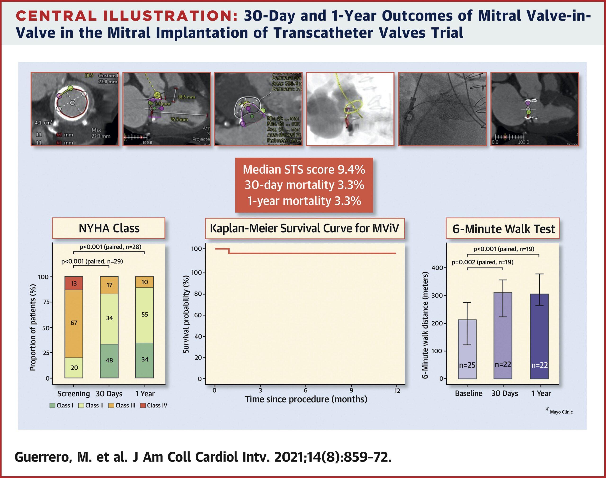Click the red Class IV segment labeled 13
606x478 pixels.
point(74,283)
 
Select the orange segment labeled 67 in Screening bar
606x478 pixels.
point(74,323)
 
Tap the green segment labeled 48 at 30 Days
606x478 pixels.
point(109,361)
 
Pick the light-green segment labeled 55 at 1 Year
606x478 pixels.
point(145,315)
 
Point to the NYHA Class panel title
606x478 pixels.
point(109,228)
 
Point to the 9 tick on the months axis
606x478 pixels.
point(351,391)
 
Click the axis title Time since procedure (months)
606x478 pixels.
point(306,399)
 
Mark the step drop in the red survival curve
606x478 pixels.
point(229,251)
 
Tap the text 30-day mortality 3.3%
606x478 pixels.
point(304,185)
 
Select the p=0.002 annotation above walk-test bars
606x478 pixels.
point(482,262)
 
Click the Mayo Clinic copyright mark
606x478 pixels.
point(560,412)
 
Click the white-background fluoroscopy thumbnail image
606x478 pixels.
point(350,109)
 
